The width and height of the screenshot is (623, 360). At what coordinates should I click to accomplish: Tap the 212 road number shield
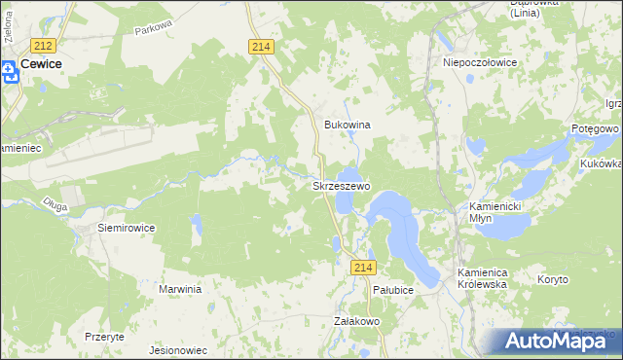[42, 46]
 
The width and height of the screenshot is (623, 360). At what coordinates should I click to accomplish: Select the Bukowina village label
[348, 126]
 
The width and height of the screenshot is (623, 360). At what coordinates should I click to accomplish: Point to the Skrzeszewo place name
[340, 185]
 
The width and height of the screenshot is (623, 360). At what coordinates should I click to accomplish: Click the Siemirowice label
[127, 227]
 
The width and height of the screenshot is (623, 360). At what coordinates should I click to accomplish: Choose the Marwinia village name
[180, 289]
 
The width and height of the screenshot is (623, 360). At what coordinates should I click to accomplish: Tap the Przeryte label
[104, 336]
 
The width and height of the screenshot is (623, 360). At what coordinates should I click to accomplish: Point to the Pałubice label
[393, 290]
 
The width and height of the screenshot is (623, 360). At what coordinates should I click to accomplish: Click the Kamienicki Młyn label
[495, 213]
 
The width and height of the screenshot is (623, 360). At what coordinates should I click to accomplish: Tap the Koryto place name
[553, 279]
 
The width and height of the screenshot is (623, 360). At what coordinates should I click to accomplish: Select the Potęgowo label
[596, 128]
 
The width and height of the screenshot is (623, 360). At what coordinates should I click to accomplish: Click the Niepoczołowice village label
[480, 61]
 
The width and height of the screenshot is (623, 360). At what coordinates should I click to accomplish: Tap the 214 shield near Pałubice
[363, 268]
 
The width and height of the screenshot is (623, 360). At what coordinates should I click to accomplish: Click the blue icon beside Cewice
[8, 68]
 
